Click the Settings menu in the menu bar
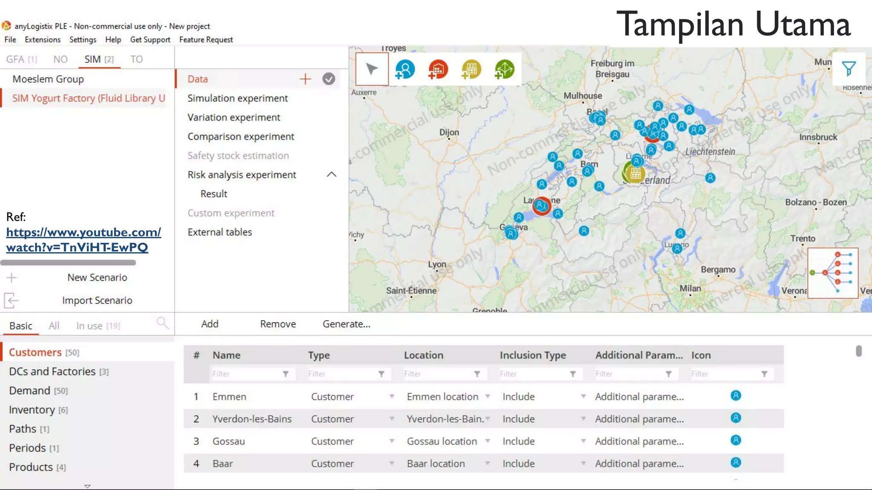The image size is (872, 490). point(83,40)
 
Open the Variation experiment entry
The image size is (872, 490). point(234,117)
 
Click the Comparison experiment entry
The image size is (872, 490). point(241,137)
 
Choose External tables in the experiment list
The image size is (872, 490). point(220,232)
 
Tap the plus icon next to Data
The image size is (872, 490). point(305,79)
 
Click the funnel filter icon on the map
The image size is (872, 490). point(849,68)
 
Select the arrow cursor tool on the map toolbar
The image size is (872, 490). point(372,69)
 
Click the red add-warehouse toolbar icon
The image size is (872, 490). point(438,69)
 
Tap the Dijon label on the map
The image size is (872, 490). point(449,132)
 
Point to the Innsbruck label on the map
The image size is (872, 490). point(818,137)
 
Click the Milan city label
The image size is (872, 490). point(690,288)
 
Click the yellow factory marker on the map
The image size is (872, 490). point(635,174)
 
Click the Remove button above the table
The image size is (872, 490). point(278,324)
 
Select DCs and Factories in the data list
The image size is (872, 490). point(52,372)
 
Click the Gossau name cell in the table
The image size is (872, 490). point(229,442)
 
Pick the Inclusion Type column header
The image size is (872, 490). point(533,355)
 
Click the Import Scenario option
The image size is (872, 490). point(97,301)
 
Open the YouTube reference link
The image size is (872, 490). point(83,240)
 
